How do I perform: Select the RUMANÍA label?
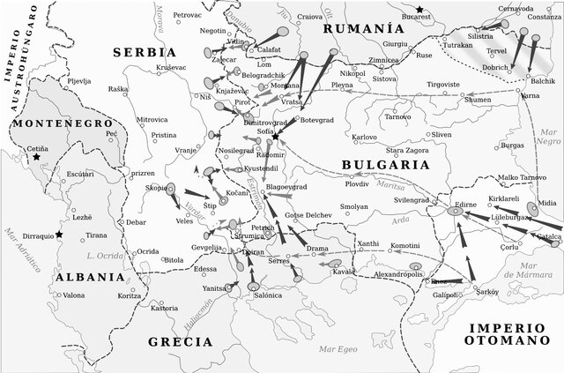(357, 28)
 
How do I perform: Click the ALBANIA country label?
(88, 276)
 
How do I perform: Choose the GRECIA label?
(180, 340)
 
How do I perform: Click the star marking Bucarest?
(420, 10)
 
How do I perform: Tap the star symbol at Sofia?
(276, 138)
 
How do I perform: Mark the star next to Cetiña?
(36, 157)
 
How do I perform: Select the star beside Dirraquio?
(59, 234)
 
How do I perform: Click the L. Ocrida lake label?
(104, 256)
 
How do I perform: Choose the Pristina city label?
(164, 135)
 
